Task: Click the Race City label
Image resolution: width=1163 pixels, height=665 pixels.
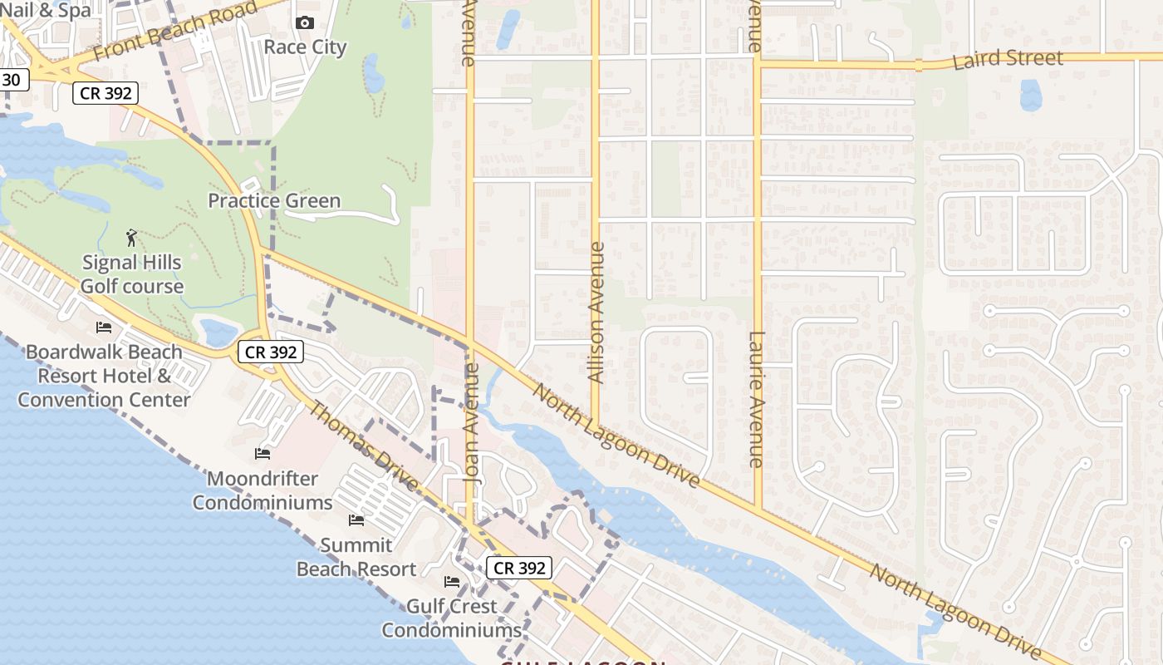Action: pos(305,47)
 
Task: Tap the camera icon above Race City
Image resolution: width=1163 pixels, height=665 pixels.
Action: pos(305,22)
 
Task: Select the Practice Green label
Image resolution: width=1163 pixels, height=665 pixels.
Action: pos(274,200)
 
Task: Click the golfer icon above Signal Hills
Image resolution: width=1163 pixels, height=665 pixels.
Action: pos(131,239)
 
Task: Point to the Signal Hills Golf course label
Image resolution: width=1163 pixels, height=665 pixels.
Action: pos(132,274)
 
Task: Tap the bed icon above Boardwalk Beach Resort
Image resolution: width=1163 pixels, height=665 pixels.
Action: pos(104,328)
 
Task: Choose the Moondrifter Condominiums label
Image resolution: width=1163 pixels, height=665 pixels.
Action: pos(263,490)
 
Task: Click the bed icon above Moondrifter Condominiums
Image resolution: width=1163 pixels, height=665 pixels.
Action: pos(263,454)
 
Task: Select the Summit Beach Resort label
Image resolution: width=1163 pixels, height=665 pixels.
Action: pos(356,557)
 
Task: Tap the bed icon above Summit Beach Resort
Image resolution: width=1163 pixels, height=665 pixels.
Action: pos(356,520)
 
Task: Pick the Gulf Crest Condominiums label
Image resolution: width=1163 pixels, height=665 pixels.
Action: pos(451,618)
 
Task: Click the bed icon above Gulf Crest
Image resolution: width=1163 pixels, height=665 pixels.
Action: pos(452,582)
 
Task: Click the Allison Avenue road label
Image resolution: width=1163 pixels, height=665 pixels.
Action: pos(596,313)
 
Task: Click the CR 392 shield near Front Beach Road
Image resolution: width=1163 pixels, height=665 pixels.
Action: pos(104,93)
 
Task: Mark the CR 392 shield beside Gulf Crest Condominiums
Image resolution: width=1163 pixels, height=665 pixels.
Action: pos(519,568)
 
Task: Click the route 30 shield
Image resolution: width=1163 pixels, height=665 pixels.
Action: pos(12,80)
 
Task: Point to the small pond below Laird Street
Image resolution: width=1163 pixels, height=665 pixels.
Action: pos(1030,95)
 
